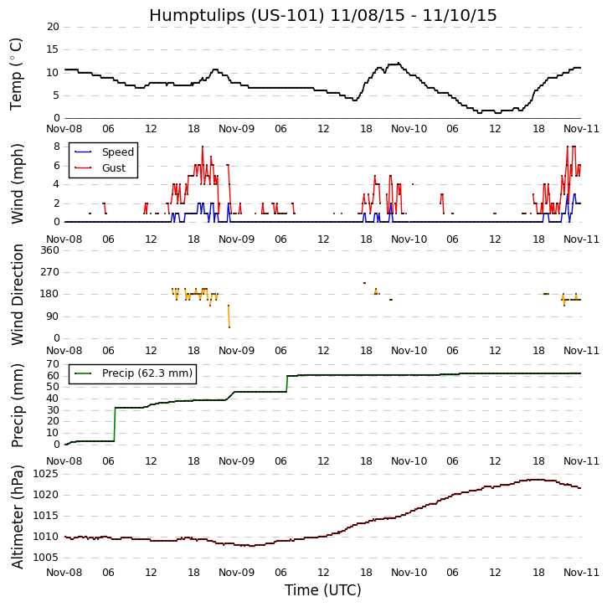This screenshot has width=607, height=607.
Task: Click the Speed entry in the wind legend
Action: click(x=117, y=152)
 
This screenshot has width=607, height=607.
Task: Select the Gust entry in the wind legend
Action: click(x=113, y=168)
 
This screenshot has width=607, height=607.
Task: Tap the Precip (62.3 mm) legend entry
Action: click(x=147, y=373)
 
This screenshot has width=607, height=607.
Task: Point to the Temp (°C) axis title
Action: click(x=17, y=73)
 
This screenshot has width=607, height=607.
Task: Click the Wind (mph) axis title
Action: click(x=17, y=183)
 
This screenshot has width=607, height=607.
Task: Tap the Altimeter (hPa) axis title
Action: click(x=17, y=516)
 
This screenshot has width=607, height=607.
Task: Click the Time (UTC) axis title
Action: click(x=322, y=590)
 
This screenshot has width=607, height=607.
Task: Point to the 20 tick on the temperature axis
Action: click(x=53, y=27)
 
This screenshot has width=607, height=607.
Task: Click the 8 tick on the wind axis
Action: click(x=56, y=146)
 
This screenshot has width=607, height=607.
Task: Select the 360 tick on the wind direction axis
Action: click(x=49, y=249)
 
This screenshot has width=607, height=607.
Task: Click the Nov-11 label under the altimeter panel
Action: click(x=581, y=573)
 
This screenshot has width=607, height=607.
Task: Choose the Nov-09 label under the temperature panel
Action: click(x=237, y=131)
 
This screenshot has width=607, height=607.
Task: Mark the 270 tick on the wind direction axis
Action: click(x=49, y=272)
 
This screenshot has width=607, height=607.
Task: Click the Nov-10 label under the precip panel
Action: click(x=409, y=461)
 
